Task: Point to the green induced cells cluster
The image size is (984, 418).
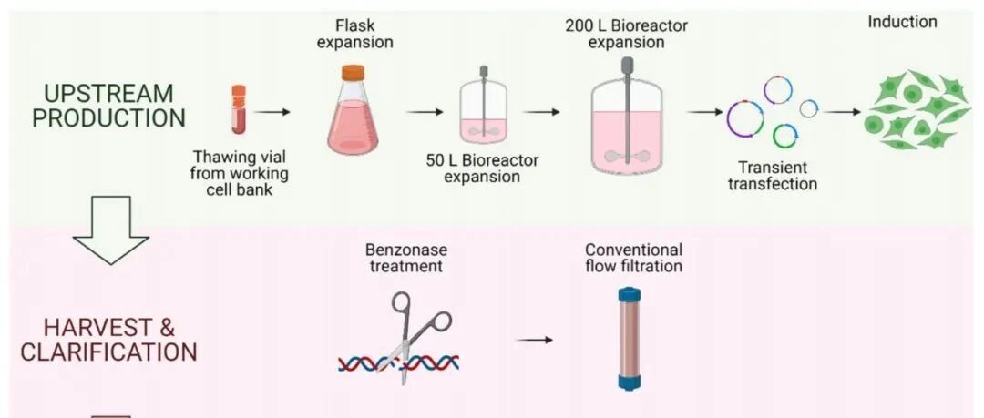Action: click(916, 111)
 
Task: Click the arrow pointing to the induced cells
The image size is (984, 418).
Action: click(841, 112)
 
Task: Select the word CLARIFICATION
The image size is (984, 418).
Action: click(108, 352)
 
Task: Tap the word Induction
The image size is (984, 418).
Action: click(902, 21)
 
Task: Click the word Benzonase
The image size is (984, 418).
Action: click(406, 250)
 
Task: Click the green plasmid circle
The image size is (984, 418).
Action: click(784, 136)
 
